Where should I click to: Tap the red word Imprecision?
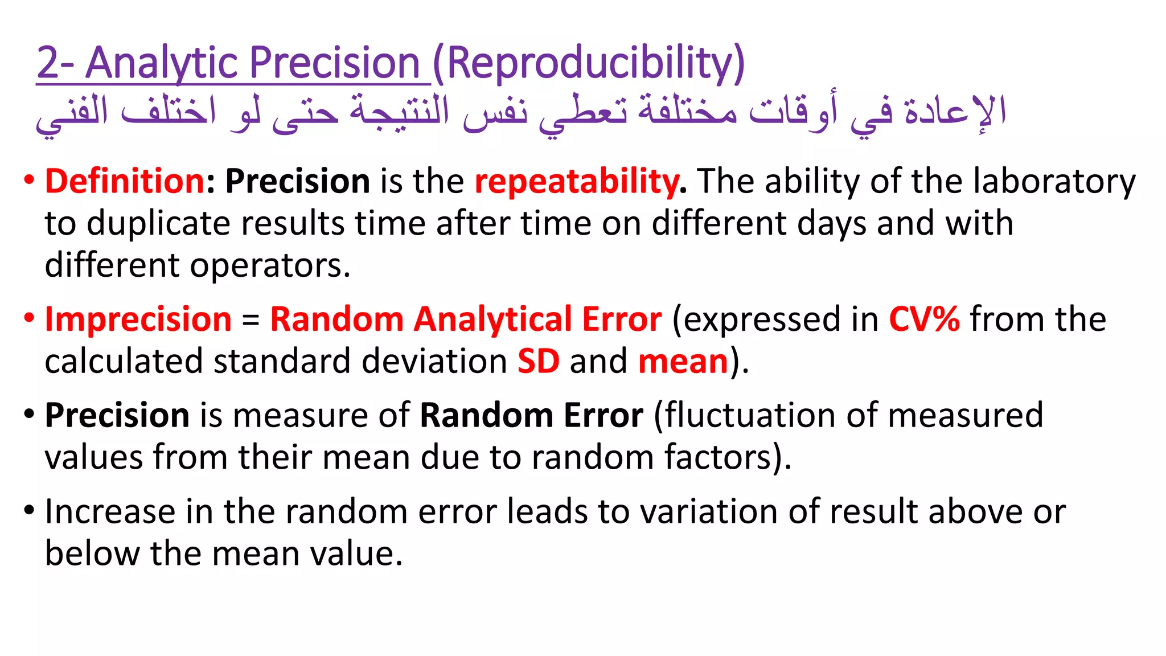point(138,319)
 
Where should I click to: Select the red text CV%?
point(924,319)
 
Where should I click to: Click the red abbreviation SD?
point(538,361)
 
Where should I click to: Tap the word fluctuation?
point(751,415)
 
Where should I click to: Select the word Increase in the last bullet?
point(110,511)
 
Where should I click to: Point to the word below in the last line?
point(92,553)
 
